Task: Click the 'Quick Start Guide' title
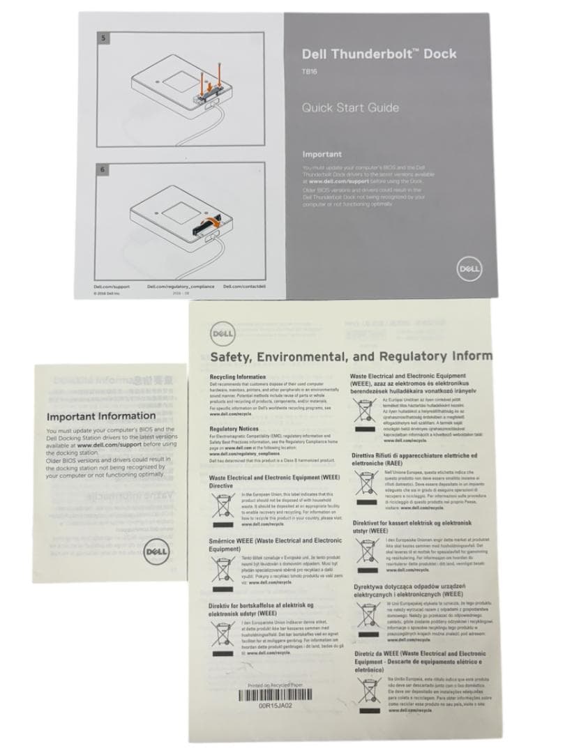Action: pyautogui.click(x=350, y=108)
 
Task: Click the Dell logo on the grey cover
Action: pyautogui.click(x=467, y=267)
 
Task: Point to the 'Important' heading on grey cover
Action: pyautogui.click(x=322, y=154)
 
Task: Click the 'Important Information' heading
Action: pyautogui.click(x=100, y=416)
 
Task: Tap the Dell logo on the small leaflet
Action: pyautogui.click(x=154, y=553)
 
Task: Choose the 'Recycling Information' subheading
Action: pyautogui.click(x=239, y=376)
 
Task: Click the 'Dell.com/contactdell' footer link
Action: pyautogui.click(x=244, y=287)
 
